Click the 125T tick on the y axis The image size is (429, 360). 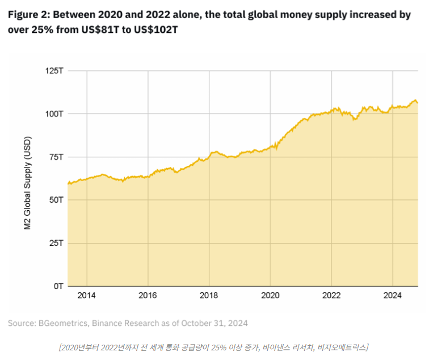54,70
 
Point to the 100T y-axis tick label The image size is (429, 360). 54,114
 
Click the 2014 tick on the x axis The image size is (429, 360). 87,296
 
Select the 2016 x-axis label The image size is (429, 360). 148,296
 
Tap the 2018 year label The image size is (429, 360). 209,296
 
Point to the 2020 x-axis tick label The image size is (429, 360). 270,296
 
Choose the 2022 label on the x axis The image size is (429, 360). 331,296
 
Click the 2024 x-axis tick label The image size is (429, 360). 393,296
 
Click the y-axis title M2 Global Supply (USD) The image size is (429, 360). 27,183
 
